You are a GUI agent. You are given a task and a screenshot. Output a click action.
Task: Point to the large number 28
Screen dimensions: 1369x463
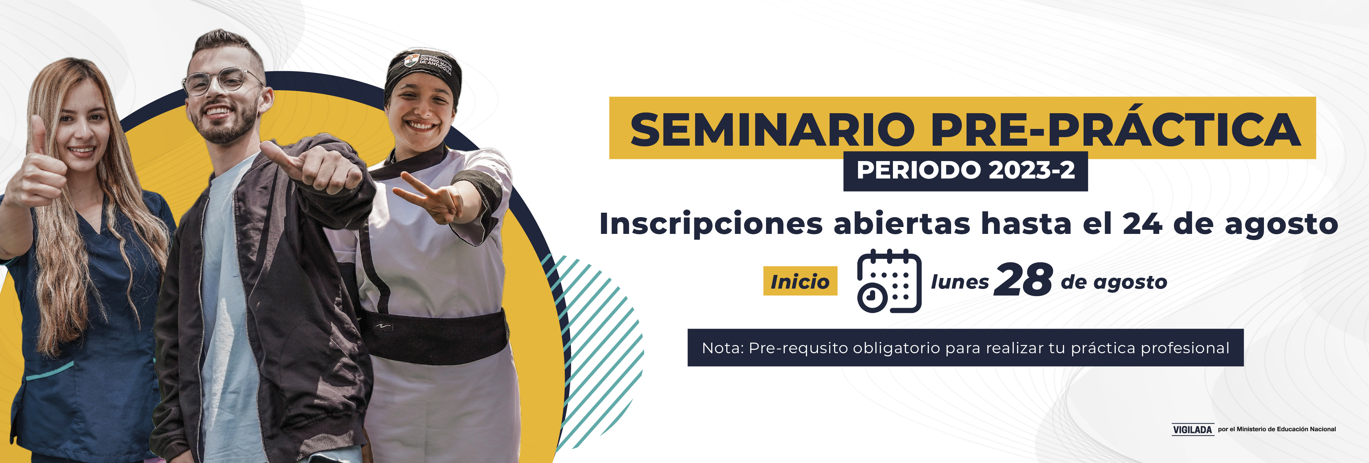pos(1023,280)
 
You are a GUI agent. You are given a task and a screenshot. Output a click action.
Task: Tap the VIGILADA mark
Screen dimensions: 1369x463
pos(1192,429)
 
